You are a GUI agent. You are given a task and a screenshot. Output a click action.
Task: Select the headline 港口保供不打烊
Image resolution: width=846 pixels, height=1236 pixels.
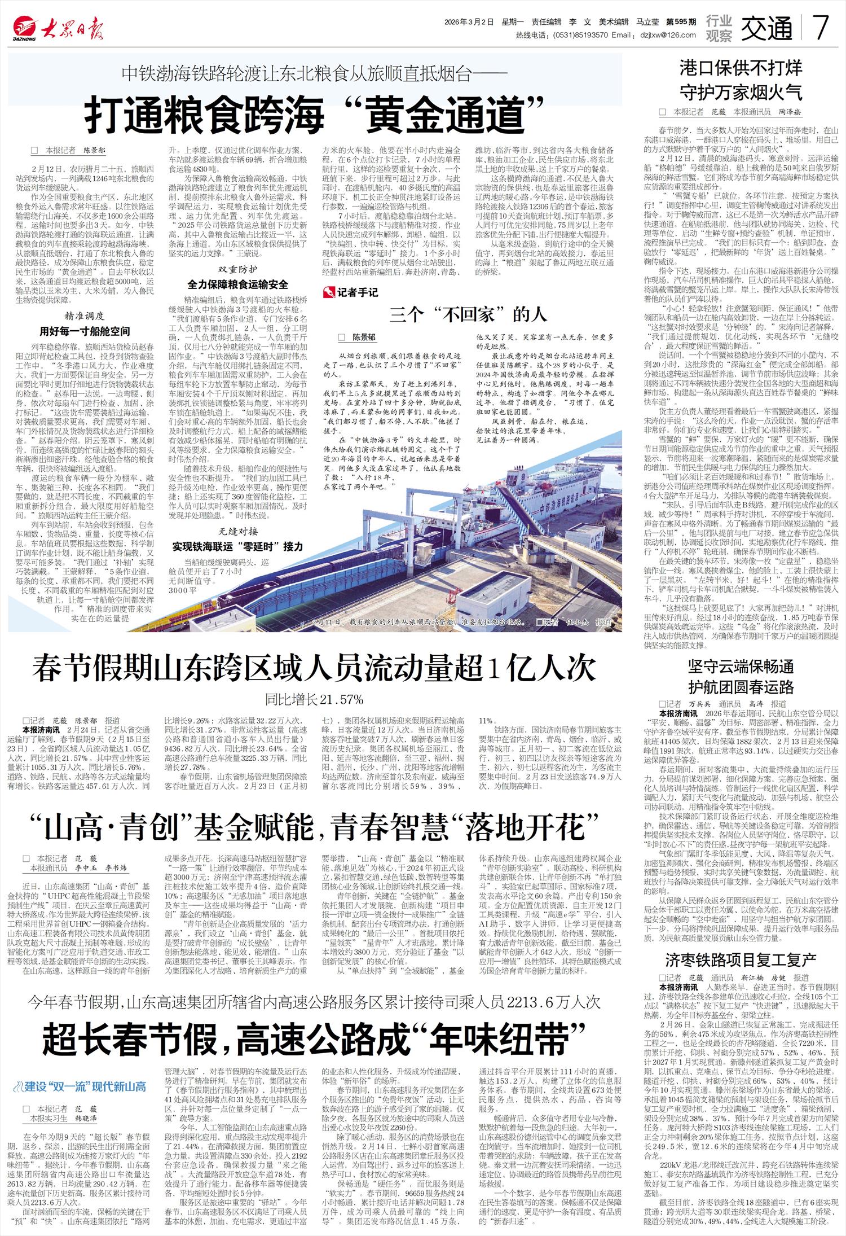[741, 68]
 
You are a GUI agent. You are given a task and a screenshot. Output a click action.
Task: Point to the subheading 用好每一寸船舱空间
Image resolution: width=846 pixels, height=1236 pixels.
[84, 331]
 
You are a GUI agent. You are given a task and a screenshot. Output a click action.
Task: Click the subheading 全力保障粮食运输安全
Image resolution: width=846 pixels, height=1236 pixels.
[237, 284]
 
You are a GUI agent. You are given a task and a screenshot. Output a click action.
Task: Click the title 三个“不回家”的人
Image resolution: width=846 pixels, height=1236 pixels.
[468, 314]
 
